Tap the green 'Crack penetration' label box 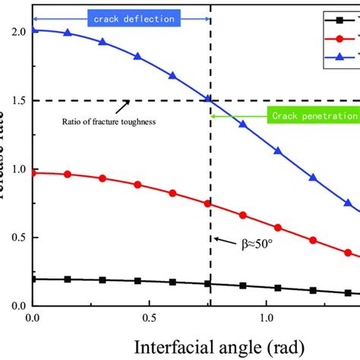coord(312,116)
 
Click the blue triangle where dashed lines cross coord(209,99)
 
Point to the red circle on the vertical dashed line coord(209,204)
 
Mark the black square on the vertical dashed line coord(209,284)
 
